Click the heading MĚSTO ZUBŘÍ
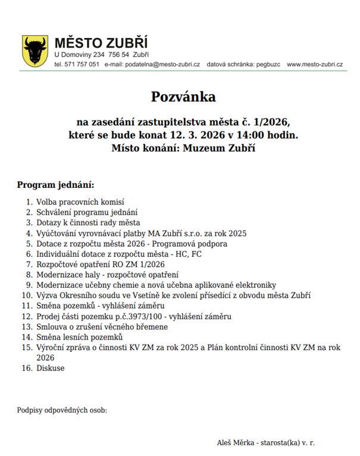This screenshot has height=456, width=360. coord(101,43)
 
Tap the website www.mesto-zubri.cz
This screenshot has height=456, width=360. coord(315,64)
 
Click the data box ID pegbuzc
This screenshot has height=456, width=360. coord(265,64)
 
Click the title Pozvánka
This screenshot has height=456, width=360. coord(183,96)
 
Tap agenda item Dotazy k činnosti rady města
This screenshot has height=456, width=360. coord(88,223)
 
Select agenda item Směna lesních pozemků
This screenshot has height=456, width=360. coord(79,337)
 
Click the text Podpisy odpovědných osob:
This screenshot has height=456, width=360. coord(62,410)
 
